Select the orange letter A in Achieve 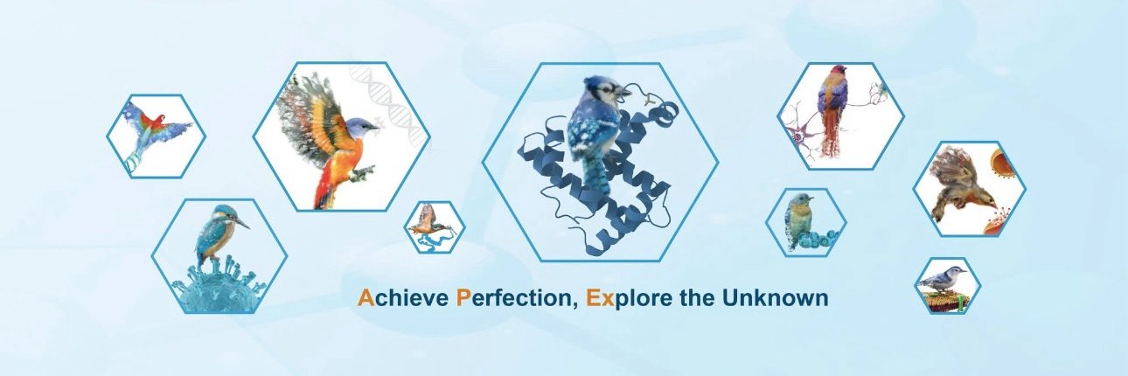(366, 298)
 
